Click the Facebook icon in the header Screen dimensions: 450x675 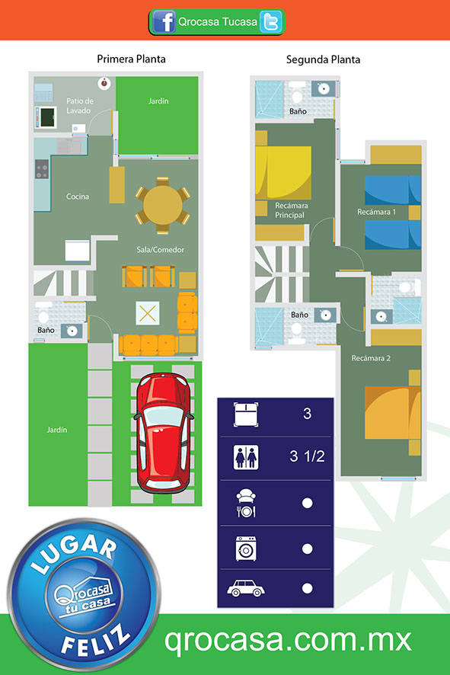[164, 21]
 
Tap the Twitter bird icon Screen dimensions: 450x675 [270, 22]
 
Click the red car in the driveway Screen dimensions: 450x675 [164, 433]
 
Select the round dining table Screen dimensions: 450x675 [163, 206]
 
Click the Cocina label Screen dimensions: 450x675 [78, 197]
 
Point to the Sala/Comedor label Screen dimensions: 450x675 [161, 250]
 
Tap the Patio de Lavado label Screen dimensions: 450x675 [80, 105]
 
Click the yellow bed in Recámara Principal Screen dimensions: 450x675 [283, 173]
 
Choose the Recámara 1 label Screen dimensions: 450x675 [376, 212]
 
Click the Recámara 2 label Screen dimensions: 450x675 [371, 358]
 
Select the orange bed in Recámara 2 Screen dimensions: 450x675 [392, 413]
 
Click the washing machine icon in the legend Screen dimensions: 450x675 [246, 549]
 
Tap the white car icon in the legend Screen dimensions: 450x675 [246, 588]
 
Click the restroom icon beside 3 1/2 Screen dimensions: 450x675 [246, 457]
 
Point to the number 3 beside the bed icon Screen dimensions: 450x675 [307, 414]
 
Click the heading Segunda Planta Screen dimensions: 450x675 [323, 60]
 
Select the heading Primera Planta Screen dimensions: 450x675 [131, 59]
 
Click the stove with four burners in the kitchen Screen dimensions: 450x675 [42, 169]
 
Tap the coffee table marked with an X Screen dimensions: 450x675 [148, 313]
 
